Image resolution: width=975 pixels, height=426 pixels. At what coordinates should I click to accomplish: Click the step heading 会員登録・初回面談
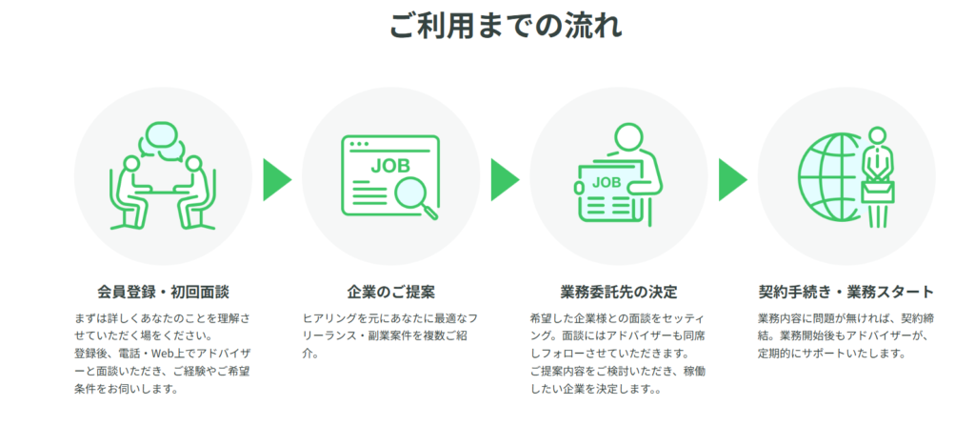coord(164,292)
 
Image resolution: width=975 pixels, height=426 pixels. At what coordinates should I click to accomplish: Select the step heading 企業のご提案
coord(390,292)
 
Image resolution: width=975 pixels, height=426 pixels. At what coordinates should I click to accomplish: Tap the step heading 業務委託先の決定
coord(619,292)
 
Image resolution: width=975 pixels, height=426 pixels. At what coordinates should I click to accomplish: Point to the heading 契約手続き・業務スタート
coord(846,292)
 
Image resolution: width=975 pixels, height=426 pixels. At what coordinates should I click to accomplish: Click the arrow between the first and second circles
coord(277,180)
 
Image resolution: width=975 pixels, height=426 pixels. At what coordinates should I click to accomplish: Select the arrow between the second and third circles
coord(505,180)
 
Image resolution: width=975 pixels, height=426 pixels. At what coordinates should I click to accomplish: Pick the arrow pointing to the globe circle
coord(732,180)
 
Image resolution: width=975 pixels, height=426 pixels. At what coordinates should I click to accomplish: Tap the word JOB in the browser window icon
coord(390,166)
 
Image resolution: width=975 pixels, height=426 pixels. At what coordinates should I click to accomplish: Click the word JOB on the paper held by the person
coord(607,183)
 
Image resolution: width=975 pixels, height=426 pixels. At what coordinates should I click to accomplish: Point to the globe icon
coord(830,177)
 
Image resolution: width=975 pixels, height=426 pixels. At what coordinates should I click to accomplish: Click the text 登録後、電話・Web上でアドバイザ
coord(162,354)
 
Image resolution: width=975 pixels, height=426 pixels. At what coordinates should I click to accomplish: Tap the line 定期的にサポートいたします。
coord(830,354)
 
